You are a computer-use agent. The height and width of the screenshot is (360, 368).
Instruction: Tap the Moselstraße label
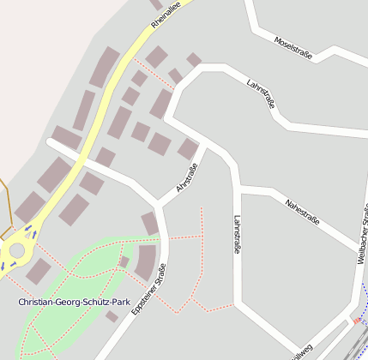tap(293, 48)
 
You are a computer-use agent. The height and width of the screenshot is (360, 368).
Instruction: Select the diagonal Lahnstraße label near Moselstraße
tap(261, 94)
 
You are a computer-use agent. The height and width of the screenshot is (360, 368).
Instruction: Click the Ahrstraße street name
tap(187, 180)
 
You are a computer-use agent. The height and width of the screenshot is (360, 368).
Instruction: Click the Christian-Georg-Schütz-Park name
tap(74, 303)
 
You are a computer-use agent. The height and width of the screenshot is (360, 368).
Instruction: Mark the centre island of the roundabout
tap(15, 251)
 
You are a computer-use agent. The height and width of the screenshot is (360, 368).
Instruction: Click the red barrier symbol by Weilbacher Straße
tap(356, 321)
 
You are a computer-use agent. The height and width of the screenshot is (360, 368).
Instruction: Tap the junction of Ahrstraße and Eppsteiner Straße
tap(158, 205)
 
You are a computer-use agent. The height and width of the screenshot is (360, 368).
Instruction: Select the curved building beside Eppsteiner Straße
tap(145, 261)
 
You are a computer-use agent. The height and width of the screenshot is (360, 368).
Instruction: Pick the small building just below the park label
tap(112, 316)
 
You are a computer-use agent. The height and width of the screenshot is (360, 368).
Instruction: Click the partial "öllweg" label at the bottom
tap(302, 352)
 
